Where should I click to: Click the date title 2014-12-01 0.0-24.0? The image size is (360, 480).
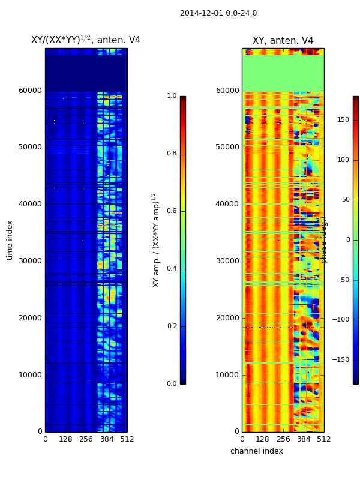pos(218,13)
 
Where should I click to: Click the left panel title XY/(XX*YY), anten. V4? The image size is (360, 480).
pos(86,40)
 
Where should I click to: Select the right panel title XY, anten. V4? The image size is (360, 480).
pos(283,41)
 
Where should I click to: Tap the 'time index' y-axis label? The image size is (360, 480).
pos(10,239)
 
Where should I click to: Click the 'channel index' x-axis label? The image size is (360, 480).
pos(256,451)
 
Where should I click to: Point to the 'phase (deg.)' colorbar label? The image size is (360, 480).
pos(324,240)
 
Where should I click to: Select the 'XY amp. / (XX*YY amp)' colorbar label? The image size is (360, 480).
pos(155,240)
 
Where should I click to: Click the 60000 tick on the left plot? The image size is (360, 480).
pos(30,91)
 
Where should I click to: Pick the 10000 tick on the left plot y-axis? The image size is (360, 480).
pos(30,375)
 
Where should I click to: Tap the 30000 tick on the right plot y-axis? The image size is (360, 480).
pos(227,261)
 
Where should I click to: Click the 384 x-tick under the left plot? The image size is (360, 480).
pos(107,439)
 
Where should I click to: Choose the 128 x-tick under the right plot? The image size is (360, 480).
pos(262,439)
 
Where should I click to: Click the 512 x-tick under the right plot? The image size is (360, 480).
pos(324,439)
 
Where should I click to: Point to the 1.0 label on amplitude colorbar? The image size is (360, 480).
pos(172,96)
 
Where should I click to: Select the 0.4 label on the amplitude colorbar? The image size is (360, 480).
pos(172,269)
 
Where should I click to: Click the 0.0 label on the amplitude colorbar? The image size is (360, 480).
pos(172,384)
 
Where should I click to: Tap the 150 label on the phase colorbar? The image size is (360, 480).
pos(343,120)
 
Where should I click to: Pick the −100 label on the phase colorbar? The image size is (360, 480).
pos(341,320)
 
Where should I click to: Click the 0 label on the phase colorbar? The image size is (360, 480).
pos(339,240)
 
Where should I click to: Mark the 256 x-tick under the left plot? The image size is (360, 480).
pos(86,439)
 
